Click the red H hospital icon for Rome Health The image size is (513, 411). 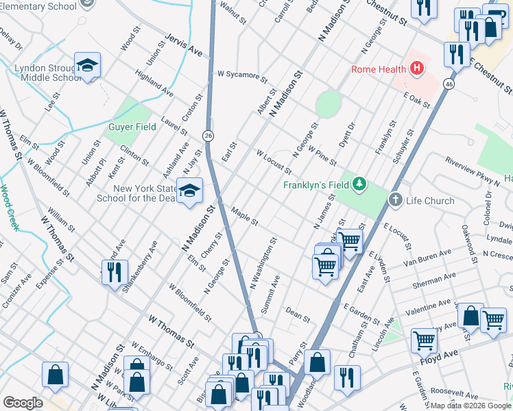tap(416, 68)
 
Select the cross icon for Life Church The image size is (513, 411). tap(395, 200)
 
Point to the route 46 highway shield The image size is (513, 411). tap(448, 84)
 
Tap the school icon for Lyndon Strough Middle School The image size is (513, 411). tap(87, 66)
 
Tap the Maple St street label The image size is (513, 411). tap(244, 218)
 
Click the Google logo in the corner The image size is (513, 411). tap(23, 403)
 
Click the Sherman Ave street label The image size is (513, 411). tap(434, 280)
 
